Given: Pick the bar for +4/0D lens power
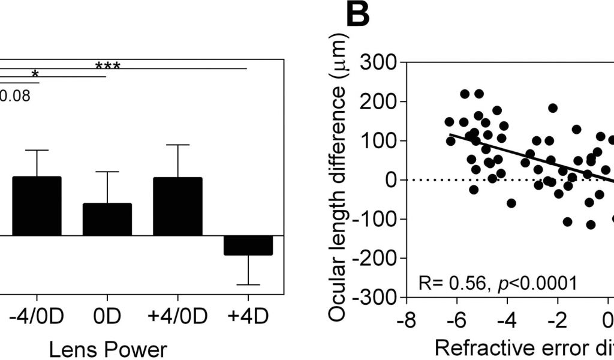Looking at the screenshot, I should (177, 206).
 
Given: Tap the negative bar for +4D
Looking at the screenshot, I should (248, 245).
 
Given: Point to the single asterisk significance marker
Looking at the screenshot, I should (35, 74).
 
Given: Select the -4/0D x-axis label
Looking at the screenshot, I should (37, 316).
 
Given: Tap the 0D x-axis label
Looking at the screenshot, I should (107, 316).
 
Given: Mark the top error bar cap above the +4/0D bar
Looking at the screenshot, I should (177, 145).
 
